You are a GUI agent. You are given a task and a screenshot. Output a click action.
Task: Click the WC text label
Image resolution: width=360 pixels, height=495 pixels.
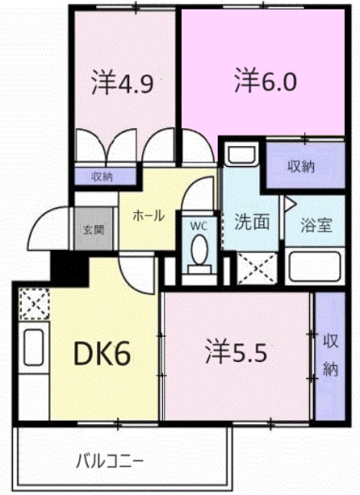pos(199,225)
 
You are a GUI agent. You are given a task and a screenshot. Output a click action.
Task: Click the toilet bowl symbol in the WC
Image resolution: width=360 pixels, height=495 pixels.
pos(199,253)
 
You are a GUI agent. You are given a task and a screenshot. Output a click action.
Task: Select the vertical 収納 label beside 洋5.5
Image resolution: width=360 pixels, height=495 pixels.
pos(330,355)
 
